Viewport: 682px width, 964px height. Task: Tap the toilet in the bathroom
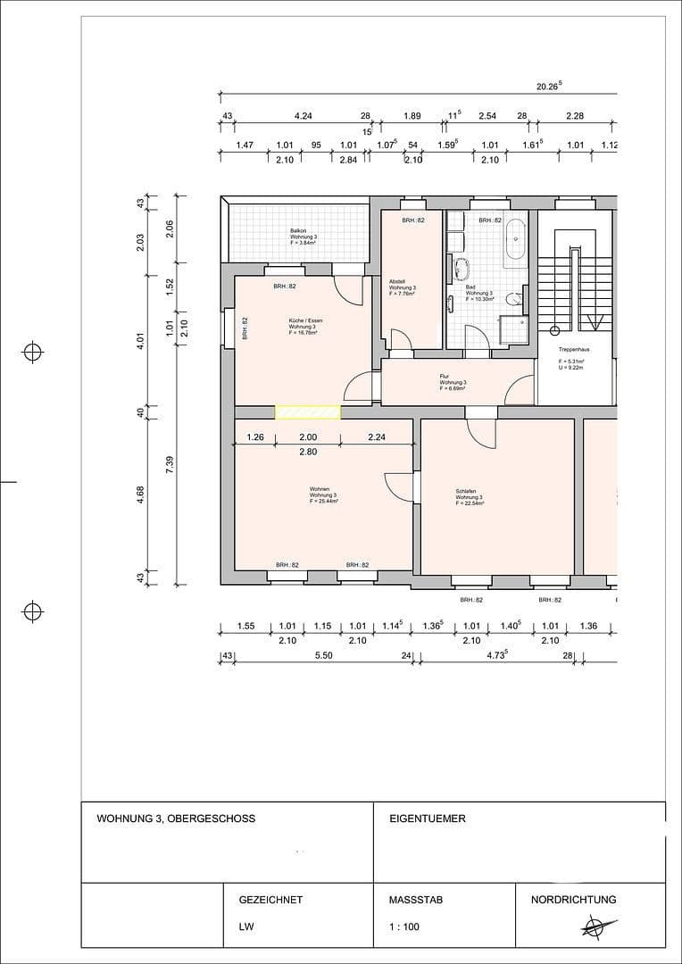[x=511, y=300]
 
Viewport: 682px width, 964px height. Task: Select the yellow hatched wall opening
[x=307, y=411]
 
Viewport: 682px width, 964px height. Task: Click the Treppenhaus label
[x=573, y=349]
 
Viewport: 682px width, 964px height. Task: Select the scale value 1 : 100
[x=404, y=927]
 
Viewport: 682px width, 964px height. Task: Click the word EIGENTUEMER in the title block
[x=428, y=818]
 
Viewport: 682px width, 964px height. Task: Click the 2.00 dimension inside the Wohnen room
[x=307, y=437]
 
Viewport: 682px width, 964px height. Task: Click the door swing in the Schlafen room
[x=483, y=435]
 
